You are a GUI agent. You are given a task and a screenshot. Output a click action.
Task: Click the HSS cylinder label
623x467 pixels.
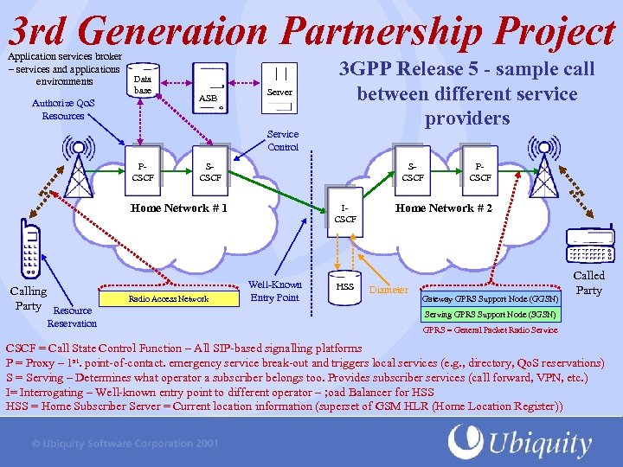click(345, 286)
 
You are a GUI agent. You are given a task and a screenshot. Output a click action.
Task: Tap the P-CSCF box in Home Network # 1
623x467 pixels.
click(144, 171)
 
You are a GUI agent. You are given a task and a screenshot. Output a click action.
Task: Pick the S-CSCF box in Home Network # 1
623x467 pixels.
click(210, 171)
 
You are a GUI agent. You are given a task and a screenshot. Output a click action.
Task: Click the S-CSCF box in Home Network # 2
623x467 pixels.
click(413, 171)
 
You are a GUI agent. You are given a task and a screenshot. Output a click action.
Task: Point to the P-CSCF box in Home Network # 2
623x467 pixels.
click(480, 171)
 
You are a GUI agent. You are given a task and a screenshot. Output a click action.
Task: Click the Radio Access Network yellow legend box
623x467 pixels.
click(169, 299)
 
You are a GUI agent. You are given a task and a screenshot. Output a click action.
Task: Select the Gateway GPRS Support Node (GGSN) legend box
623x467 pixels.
click(490, 299)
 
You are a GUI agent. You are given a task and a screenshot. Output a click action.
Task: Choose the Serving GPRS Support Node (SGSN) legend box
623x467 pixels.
click(490, 314)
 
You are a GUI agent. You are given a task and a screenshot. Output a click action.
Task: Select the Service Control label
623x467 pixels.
click(283, 140)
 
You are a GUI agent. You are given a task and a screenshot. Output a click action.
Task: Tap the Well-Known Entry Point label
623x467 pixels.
click(274, 291)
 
